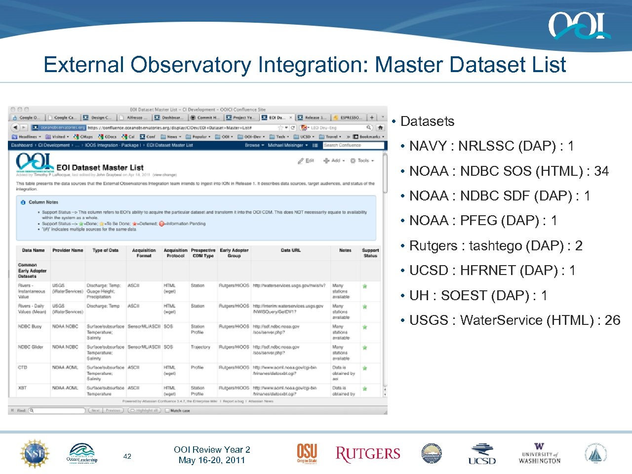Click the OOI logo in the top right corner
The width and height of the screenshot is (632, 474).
(x=579, y=26)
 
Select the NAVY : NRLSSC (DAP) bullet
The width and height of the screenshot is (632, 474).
(x=491, y=146)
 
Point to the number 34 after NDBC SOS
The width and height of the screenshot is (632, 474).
(x=601, y=171)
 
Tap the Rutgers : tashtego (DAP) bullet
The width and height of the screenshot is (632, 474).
(x=496, y=246)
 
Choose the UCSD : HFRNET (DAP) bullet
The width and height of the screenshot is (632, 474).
(x=492, y=271)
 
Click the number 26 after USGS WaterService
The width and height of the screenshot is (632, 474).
(x=612, y=320)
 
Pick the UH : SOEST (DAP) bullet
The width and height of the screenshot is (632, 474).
(x=478, y=296)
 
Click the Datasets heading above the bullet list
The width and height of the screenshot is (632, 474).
(x=427, y=121)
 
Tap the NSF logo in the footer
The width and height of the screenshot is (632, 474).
(x=35, y=453)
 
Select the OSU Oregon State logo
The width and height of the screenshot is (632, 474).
(x=307, y=453)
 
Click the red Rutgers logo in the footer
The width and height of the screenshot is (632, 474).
(x=368, y=454)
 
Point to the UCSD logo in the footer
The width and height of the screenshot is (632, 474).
(x=482, y=454)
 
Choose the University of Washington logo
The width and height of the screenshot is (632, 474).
(x=540, y=454)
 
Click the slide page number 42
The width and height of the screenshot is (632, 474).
(x=127, y=456)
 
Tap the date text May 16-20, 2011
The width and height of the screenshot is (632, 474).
(x=212, y=460)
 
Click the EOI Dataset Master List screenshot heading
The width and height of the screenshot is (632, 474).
(x=100, y=167)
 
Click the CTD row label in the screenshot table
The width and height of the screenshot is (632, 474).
(x=23, y=367)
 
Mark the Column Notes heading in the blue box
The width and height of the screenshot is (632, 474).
(x=43, y=202)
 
